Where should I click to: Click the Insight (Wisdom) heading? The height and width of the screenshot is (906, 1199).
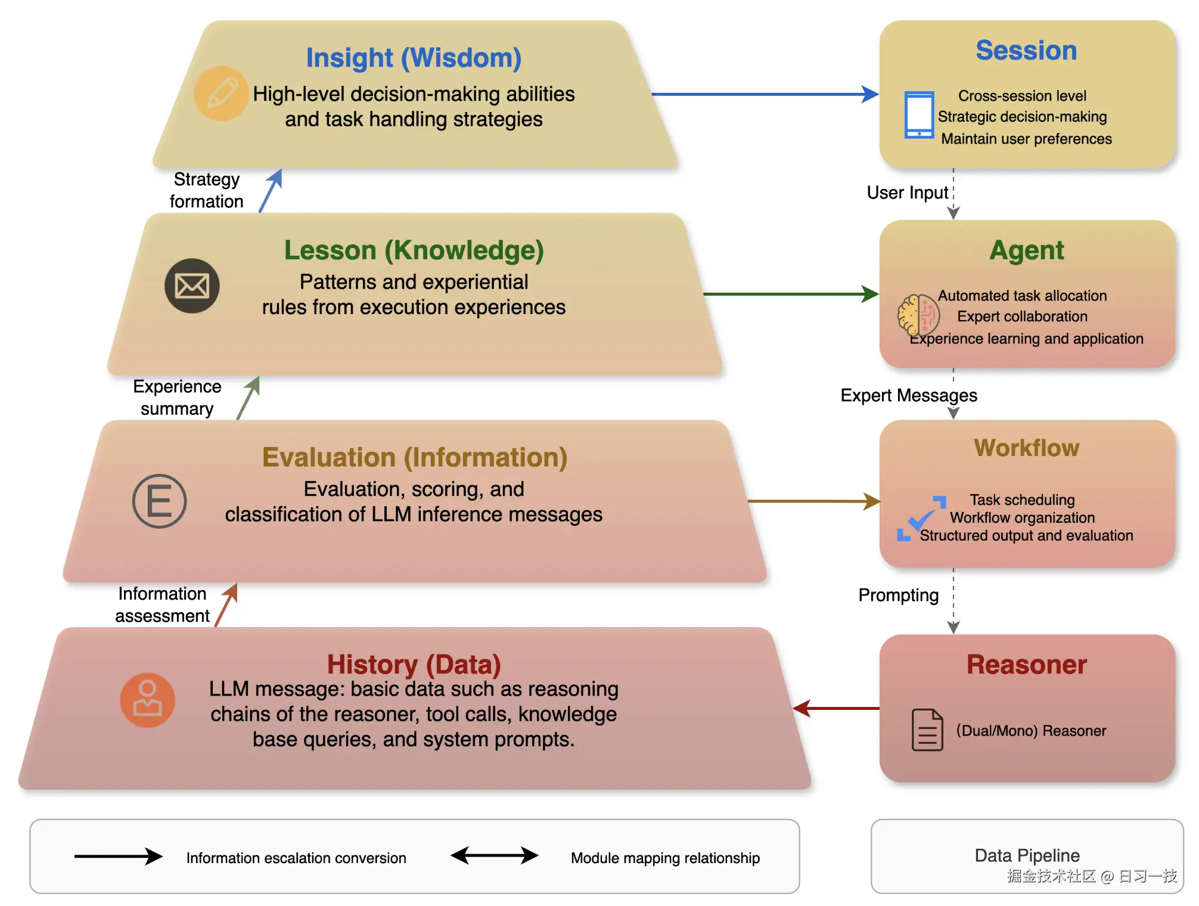point(414,58)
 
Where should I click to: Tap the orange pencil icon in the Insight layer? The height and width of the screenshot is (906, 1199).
point(221,94)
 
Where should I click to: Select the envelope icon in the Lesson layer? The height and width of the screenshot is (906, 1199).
point(192,286)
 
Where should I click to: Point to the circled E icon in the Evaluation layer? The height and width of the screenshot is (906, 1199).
point(159,501)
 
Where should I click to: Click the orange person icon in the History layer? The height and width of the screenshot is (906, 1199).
point(147,700)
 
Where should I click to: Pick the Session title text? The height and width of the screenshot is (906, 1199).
point(1026,51)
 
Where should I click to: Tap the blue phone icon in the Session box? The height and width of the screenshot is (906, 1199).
point(919,114)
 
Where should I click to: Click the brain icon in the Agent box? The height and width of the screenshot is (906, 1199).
point(918,315)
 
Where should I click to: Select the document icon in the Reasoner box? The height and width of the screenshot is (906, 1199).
point(927,730)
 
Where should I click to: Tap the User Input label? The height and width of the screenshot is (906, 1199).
point(907,193)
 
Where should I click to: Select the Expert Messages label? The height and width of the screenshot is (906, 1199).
point(909,395)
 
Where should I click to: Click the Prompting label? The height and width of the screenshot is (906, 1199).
point(898,595)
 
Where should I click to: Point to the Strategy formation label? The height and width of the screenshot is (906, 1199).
point(206,190)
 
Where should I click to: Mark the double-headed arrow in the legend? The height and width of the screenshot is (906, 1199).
point(495,856)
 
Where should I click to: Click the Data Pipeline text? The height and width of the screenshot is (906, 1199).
point(1027,855)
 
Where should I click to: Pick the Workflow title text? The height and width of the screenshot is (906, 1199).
point(1026,448)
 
